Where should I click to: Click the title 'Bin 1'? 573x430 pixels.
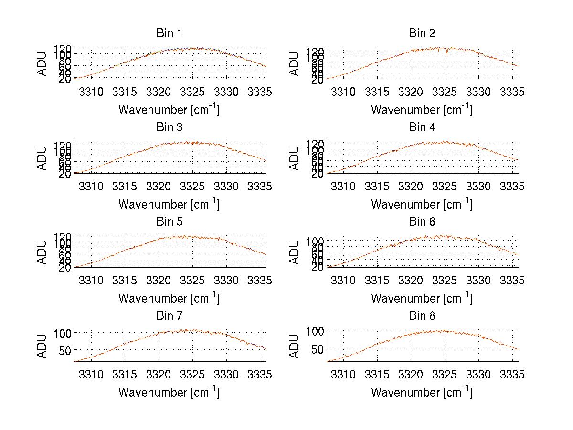pos(169,33)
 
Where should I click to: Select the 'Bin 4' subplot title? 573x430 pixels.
pos(422,127)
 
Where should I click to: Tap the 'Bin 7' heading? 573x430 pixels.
pos(169,316)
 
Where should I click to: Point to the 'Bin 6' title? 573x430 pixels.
pos(422,221)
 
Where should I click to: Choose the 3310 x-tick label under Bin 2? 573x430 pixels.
pos(344,92)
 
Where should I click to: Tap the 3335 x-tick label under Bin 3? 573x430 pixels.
pos(260,186)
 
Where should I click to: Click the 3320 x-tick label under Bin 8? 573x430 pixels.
pos(411,375)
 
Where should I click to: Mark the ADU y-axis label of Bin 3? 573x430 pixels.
pos(42,158)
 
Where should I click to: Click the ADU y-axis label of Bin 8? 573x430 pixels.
pos(295,346)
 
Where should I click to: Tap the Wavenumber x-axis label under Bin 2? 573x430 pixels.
pos(422,109)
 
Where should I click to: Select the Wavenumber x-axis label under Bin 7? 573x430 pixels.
pos(169,392)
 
